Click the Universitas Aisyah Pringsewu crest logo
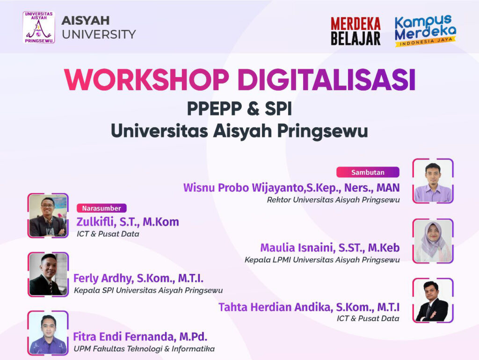pyautogui.click(x=39, y=28)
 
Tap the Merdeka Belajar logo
pyautogui.click(x=356, y=31)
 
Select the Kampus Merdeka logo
pyautogui.click(x=425, y=30)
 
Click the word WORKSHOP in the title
pyautogui.click(x=146, y=79)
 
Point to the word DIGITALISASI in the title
pyautogui.click(x=327, y=79)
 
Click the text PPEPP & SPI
pyautogui.click(x=239, y=109)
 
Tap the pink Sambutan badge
pyautogui.click(x=368, y=172)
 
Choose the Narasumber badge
pyautogui.click(x=102, y=208)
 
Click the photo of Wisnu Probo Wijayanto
pyautogui.click(x=433, y=181)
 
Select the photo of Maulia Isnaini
pyautogui.click(x=433, y=241)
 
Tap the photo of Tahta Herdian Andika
pyautogui.click(x=433, y=301)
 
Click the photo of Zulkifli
pyautogui.click(x=48, y=216)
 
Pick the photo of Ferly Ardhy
pyautogui.click(x=48, y=274)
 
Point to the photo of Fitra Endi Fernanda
pyautogui.click(x=48, y=333)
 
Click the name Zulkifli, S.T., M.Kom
pyautogui.click(x=128, y=222)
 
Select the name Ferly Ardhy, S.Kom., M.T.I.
pyautogui.click(x=138, y=279)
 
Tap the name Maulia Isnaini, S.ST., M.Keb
pyautogui.click(x=330, y=248)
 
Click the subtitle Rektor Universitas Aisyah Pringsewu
pyautogui.click(x=333, y=200)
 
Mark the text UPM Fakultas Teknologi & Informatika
pyautogui.click(x=144, y=349)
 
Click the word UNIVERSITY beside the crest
pyautogui.click(x=99, y=35)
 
